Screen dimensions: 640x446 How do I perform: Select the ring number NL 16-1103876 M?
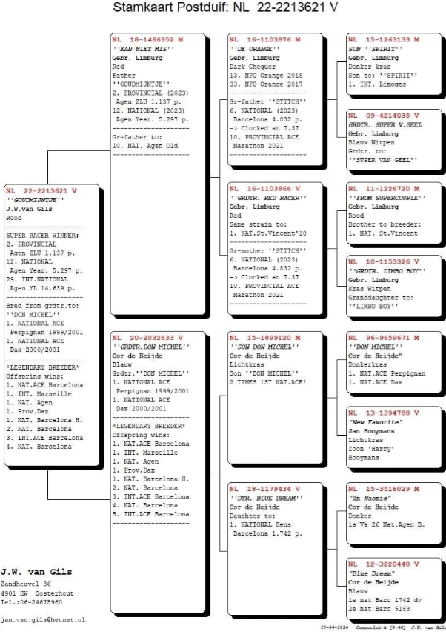(x=264, y=39)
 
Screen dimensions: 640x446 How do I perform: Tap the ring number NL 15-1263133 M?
(x=383, y=39)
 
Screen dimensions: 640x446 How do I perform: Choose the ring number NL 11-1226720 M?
(x=383, y=189)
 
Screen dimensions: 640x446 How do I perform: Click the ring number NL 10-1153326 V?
(x=383, y=261)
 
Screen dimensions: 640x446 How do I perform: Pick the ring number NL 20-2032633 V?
(x=147, y=337)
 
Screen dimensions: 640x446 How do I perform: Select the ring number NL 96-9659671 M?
(x=383, y=337)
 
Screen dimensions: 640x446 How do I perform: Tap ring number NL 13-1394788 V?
(x=383, y=412)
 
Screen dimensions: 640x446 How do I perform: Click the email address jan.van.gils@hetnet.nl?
(x=43, y=619)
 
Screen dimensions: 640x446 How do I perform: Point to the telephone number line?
(x=32, y=601)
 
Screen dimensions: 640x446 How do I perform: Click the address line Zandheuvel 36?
(x=26, y=584)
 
